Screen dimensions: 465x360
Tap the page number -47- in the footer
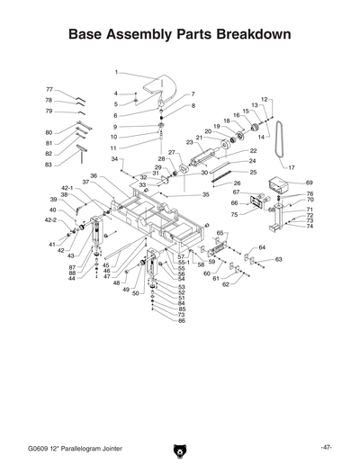(x=327, y=447)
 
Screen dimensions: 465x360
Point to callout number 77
(x=50, y=90)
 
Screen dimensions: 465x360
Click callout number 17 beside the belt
(x=291, y=167)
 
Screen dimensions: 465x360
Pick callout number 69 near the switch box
(x=309, y=183)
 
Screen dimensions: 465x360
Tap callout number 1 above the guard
(x=116, y=71)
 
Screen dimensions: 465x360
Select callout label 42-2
(x=50, y=219)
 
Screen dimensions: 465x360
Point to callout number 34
(x=115, y=159)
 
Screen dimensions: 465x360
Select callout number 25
(x=253, y=172)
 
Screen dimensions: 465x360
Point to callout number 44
(x=72, y=279)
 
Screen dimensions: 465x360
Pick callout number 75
(x=233, y=214)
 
